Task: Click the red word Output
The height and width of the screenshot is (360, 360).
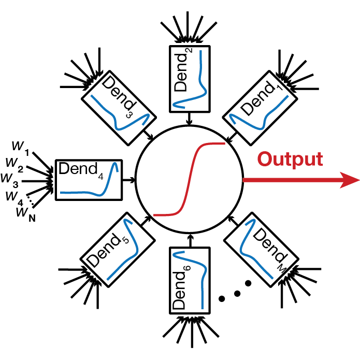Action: [x=290, y=159]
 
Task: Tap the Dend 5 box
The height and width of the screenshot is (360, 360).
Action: [x=118, y=249]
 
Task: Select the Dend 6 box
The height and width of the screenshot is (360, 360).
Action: [x=190, y=280]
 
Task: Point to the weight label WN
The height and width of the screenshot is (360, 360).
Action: [x=23, y=213]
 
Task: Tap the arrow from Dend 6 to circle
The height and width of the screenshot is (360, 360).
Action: [x=190, y=240]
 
